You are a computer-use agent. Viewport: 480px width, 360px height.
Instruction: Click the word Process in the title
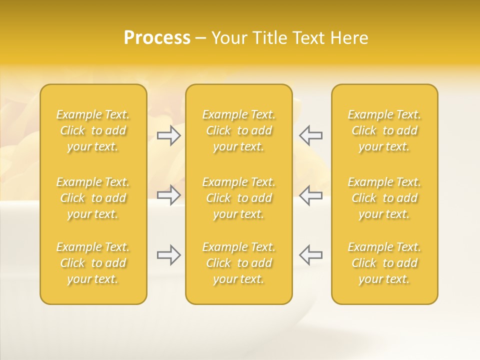pos(157,38)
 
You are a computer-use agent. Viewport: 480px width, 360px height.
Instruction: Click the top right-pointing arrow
pos(169,135)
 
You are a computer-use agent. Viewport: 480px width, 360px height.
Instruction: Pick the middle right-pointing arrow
pos(169,194)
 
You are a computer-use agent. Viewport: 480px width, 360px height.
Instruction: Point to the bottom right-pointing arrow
pos(169,254)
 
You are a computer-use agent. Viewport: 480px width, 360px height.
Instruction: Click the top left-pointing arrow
pos(310,135)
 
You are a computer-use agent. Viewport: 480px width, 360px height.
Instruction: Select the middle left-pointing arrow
pos(310,194)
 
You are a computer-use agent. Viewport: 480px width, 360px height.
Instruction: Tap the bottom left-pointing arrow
pos(310,254)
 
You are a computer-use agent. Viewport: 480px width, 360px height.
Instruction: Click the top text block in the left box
pos(93,130)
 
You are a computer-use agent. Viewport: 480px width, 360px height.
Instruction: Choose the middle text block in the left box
pos(93,198)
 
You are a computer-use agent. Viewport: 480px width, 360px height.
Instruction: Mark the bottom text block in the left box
pos(93,263)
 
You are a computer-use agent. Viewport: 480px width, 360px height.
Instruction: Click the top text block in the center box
pos(238,130)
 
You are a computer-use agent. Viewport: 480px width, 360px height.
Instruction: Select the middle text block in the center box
pos(238,198)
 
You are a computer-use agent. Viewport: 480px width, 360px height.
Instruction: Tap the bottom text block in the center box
pos(238,263)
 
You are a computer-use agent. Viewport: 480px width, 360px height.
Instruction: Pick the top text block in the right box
pos(384,130)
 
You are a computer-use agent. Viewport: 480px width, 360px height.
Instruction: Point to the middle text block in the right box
pos(384,198)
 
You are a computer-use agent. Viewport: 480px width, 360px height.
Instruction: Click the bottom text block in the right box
pos(384,263)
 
